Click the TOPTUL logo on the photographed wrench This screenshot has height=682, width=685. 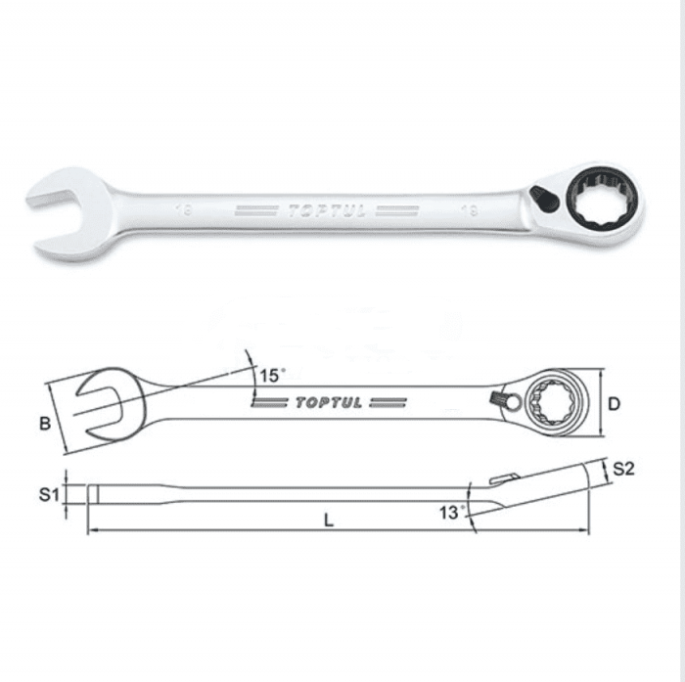(327, 211)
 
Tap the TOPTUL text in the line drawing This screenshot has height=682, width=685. (329, 403)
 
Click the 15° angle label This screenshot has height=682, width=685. (272, 376)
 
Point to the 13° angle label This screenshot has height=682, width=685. (452, 512)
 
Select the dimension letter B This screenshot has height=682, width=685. (45, 424)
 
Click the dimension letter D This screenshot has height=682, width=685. (614, 404)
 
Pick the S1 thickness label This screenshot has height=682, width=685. (49, 494)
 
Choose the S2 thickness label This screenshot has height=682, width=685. (623, 469)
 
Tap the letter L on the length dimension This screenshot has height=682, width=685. (329, 520)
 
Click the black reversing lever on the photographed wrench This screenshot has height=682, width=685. (544, 199)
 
